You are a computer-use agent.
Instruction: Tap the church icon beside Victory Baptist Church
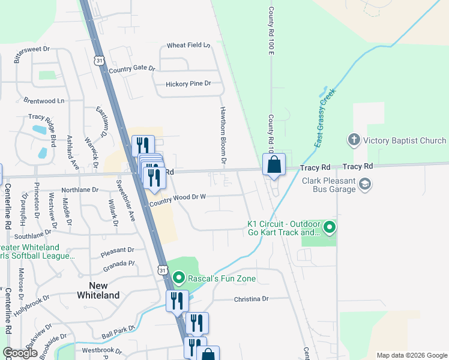tap(354, 140)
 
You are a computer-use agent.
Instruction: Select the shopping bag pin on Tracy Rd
tap(274, 165)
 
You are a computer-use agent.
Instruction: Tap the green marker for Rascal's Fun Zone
tap(178, 278)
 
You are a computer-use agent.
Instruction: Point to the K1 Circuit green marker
tap(329, 228)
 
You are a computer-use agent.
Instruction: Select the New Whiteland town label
tap(98, 290)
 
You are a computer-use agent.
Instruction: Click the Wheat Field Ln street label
tap(188, 45)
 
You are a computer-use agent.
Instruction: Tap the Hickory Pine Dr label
tap(188, 83)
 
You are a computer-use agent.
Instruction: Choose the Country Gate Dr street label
tap(132, 68)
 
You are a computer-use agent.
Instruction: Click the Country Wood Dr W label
tap(178, 199)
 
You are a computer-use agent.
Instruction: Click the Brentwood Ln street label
tap(44, 101)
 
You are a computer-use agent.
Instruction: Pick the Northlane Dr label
tap(80, 190)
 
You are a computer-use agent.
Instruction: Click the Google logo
tap(20, 353)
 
